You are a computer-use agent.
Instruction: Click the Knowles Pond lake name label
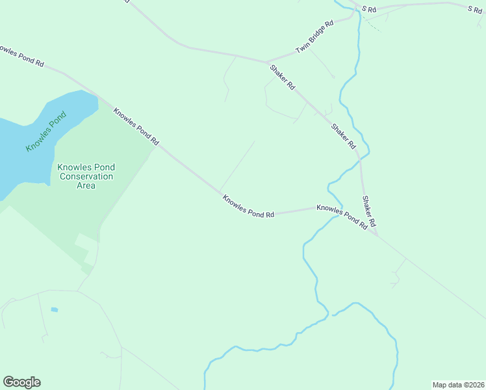(46, 133)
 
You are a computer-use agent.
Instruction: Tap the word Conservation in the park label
(86, 176)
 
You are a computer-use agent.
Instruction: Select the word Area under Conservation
(86, 185)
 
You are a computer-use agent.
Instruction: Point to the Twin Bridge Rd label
(314, 36)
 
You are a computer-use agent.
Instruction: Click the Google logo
(21, 382)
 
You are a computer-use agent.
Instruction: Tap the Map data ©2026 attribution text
(458, 384)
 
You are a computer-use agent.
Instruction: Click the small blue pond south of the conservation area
(55, 309)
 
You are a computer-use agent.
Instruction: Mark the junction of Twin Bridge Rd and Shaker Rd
(267, 62)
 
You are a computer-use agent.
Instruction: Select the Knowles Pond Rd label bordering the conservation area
(136, 126)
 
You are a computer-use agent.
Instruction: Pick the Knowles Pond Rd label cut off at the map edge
(21, 56)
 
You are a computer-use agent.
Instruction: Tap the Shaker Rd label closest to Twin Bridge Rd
(283, 76)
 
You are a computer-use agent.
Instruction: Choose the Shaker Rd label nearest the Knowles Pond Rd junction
(369, 211)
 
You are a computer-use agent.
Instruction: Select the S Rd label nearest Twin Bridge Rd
(369, 9)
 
